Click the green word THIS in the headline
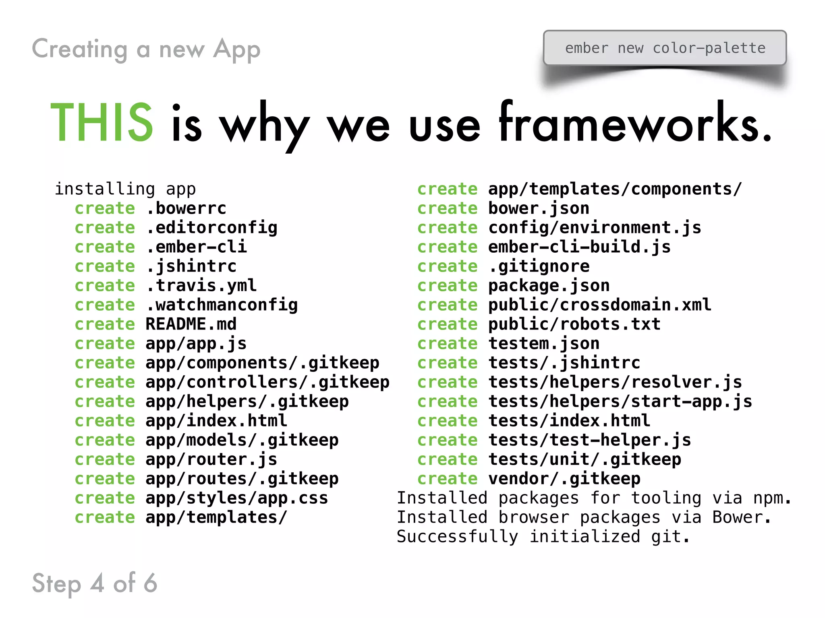pos(102,122)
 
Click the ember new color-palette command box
pos(665,48)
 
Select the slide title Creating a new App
pos(146,49)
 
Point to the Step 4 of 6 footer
pos(95,583)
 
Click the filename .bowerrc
pos(186,208)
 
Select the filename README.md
pos(191,324)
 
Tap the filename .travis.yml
pos(201,286)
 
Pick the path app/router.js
pos(211,459)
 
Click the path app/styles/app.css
pos(236,498)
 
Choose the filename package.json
pos(549,286)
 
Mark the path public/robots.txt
pos(574,324)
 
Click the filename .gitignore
pos(539,266)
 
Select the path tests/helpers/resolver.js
pos(615,382)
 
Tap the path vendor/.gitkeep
pos(564,479)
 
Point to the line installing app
pos(125,189)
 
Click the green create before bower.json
pos(447,208)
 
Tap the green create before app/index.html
pos(105,421)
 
